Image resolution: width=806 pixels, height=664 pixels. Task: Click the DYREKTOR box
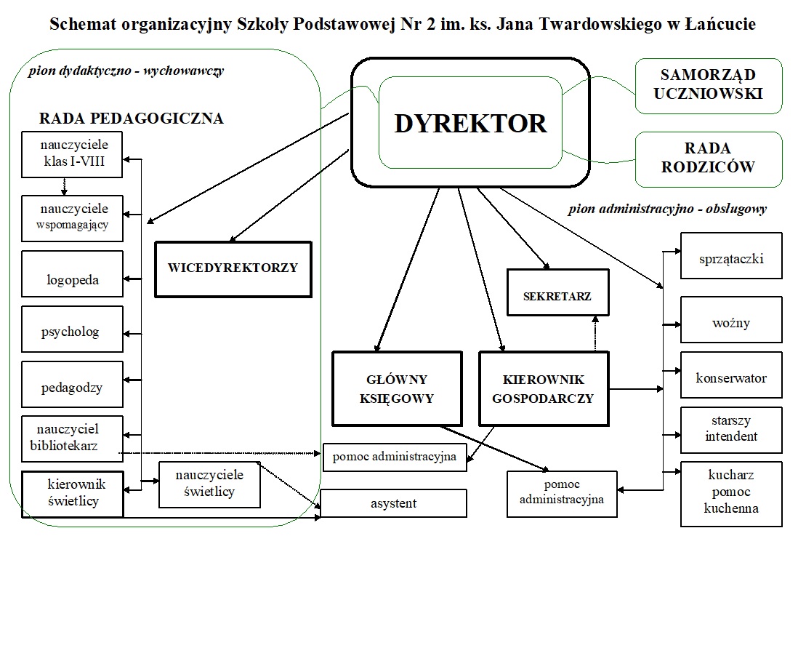[x=470, y=122]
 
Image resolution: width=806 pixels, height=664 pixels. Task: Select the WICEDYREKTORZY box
[x=233, y=270]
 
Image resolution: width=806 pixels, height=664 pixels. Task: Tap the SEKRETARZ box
[x=557, y=292]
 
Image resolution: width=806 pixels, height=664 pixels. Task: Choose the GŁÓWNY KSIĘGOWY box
[x=397, y=389]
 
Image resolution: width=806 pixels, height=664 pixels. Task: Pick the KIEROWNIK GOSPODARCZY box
[x=544, y=389]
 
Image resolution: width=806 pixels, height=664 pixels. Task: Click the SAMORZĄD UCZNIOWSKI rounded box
[x=709, y=86]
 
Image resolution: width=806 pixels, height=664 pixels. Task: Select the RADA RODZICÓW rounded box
[x=709, y=159]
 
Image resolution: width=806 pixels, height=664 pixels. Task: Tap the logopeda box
[x=72, y=274]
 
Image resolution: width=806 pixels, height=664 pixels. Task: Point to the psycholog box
[x=72, y=329]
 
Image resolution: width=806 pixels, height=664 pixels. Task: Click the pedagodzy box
[x=72, y=384]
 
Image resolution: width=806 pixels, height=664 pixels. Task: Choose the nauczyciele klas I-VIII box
[x=72, y=154]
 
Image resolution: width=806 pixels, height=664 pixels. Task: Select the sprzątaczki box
[x=731, y=255]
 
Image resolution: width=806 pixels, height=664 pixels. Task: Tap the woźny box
[x=731, y=319]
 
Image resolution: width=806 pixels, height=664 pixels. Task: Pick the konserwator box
[x=731, y=375]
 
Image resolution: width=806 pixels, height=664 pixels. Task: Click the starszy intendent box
[x=731, y=430]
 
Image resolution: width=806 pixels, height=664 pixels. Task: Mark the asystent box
[x=394, y=503]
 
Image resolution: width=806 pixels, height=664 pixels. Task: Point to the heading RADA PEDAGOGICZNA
[x=131, y=119]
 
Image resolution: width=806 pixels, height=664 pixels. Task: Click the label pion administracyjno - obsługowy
[x=667, y=209]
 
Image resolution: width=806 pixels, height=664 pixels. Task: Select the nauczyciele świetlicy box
[x=209, y=484]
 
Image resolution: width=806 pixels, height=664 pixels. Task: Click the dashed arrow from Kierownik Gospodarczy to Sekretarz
[x=595, y=334]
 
